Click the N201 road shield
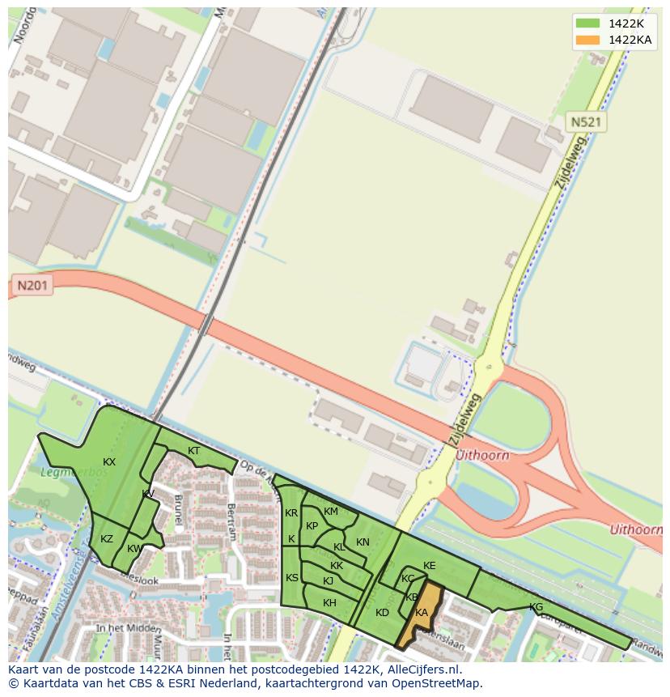click(32, 286)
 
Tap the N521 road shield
click(586, 122)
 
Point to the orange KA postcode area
click(422, 613)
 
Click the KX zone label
click(109, 462)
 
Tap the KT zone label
click(194, 451)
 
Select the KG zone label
click(536, 607)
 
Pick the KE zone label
click(430, 566)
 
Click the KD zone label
click(383, 613)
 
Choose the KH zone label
click(329, 603)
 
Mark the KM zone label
click(331, 512)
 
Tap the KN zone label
click(363, 542)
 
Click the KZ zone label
click(107, 539)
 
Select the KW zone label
click(134, 549)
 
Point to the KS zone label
click(292, 577)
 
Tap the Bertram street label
click(232, 521)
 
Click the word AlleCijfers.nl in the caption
click(424, 669)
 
